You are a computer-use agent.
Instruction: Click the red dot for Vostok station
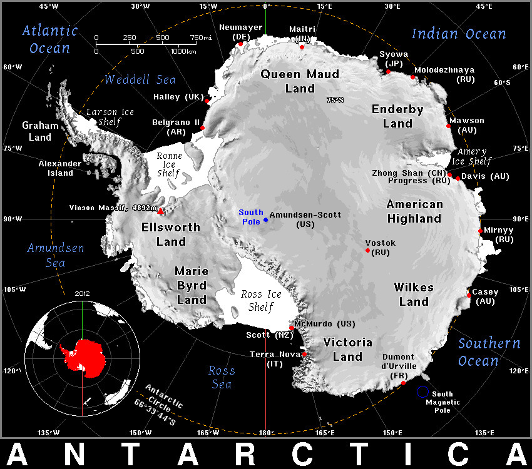pos(368,251)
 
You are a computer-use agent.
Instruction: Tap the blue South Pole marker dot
pos(265,219)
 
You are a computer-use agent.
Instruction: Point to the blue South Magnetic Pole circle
pos(422,392)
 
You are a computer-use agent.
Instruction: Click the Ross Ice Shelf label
pos(261,300)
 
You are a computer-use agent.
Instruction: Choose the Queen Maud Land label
pos(300,81)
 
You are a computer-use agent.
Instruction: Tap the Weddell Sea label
pos(140,79)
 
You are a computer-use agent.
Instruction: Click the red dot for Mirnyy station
pos(480,231)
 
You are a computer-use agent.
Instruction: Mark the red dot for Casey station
pos(469,295)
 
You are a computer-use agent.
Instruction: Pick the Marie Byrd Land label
pos(191,285)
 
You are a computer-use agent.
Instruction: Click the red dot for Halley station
pos(207,101)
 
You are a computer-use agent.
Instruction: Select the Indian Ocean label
pos(459,34)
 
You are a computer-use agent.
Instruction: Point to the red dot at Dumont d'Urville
pos(404,383)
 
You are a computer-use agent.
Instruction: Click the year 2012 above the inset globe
pos(82,293)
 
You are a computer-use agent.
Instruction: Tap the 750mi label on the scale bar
pos(201,38)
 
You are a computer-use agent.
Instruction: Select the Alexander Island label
pos(61,168)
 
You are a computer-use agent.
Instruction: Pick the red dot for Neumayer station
pos(240,44)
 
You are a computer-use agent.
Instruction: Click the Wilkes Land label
pos(414,295)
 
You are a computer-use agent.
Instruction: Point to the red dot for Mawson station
pos(449,126)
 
